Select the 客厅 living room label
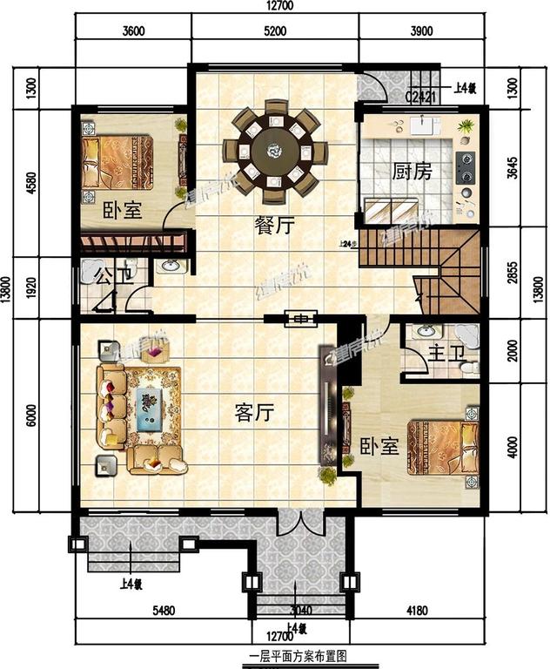254,413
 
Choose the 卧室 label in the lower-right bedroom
379,445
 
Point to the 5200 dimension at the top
273,32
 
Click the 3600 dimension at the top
133,32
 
